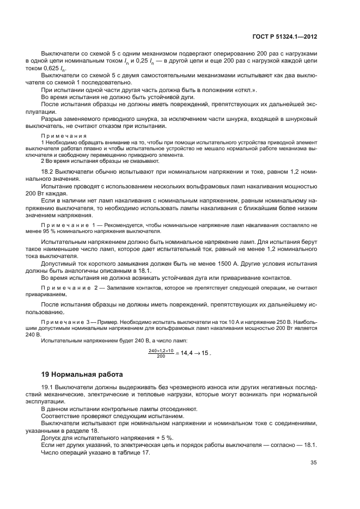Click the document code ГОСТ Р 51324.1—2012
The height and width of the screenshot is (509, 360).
pos(285,37)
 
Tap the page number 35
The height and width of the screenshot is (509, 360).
pos(313,463)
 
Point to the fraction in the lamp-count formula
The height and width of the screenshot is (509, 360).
pos(160,353)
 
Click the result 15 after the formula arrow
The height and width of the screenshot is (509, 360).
pos(203,353)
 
